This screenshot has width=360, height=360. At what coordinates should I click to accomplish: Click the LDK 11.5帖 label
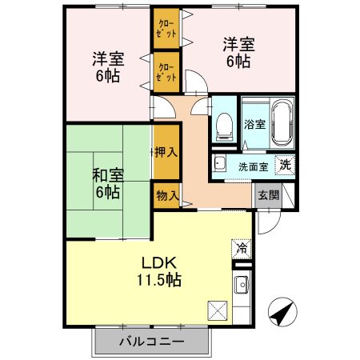pyautogui.click(x=162, y=271)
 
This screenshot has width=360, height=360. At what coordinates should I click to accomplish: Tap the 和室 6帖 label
pyautogui.click(x=106, y=182)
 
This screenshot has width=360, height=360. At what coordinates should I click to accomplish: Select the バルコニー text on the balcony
pyautogui.click(x=152, y=342)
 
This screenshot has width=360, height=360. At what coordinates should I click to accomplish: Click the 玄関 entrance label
pyautogui.click(x=267, y=194)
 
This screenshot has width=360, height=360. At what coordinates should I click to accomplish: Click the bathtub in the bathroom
pyautogui.click(x=281, y=122)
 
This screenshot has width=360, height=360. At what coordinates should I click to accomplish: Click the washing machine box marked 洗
pyautogui.click(x=283, y=165)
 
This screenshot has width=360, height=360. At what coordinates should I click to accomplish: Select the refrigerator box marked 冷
pyautogui.click(x=242, y=247)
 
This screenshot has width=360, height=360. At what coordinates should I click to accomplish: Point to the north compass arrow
pyautogui.click(x=281, y=311)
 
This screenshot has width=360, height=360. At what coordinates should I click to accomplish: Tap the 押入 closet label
pyautogui.click(x=166, y=150)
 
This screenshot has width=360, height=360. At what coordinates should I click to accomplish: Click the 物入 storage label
pyautogui.click(x=166, y=195)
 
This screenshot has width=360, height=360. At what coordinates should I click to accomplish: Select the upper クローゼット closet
pyautogui.click(x=166, y=30)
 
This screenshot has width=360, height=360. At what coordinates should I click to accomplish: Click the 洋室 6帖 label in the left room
pyautogui.click(x=106, y=68)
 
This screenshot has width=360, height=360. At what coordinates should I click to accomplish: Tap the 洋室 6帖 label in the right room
pyautogui.click(x=238, y=53)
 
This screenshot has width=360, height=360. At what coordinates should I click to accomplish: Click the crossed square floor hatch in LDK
pyautogui.click(x=217, y=309)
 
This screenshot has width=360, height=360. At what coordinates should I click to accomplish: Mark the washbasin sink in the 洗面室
pyautogui.click(x=220, y=166)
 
